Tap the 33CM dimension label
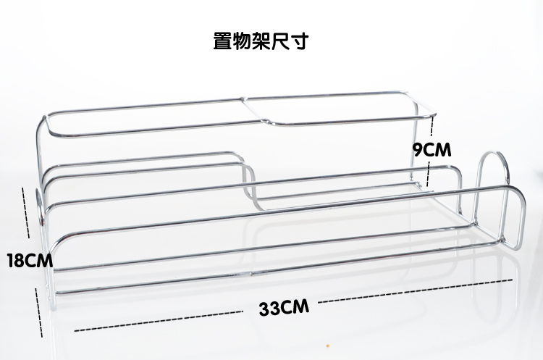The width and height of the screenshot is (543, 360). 285,307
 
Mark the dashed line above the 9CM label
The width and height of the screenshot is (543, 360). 432,127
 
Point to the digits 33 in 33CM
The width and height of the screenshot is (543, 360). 271,307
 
